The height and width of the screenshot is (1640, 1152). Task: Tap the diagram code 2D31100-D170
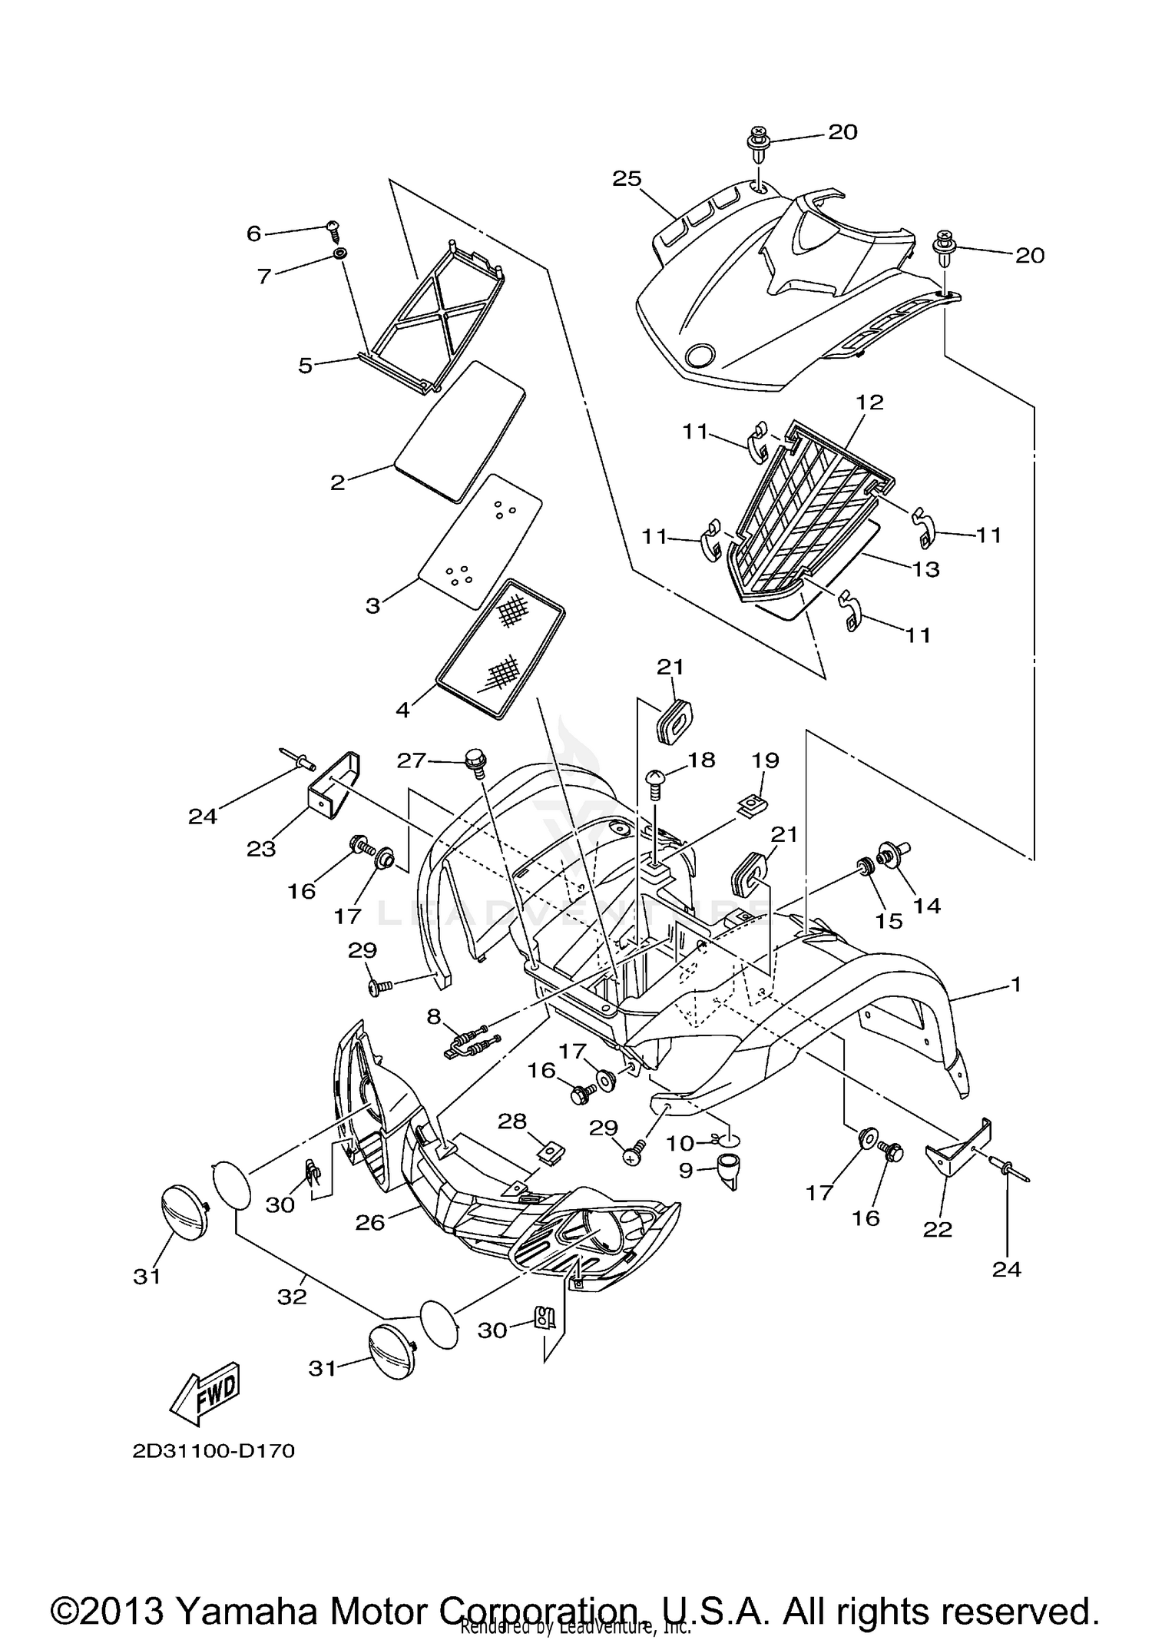pyautogui.click(x=213, y=1451)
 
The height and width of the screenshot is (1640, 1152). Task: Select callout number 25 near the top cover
pyautogui.click(x=627, y=179)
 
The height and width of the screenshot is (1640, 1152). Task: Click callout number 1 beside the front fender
pyautogui.click(x=1016, y=983)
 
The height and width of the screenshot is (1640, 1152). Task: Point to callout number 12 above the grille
pyautogui.click(x=869, y=402)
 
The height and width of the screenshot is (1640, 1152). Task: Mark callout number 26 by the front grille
pyautogui.click(x=369, y=1221)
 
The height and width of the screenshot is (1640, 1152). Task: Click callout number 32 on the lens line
pyautogui.click(x=292, y=1297)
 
